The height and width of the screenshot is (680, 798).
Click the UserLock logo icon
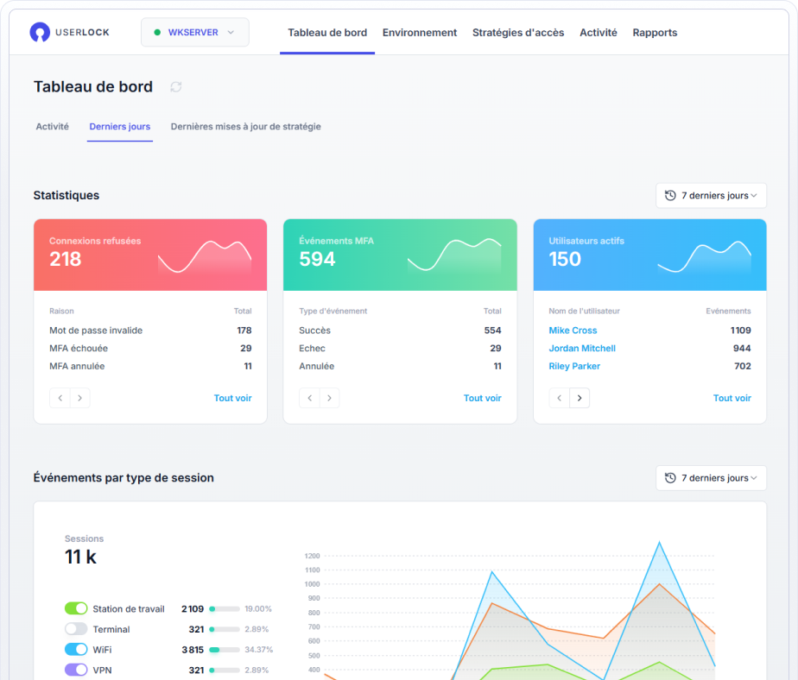tap(40, 33)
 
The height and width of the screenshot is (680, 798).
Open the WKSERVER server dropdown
tap(195, 33)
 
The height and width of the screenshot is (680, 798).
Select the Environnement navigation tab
tap(420, 33)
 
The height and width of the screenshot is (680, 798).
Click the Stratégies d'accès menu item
tap(518, 33)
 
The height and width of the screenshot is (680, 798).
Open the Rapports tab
tap(655, 33)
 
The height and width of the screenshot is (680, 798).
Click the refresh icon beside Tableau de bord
tap(176, 87)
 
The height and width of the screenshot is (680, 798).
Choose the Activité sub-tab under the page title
tap(53, 127)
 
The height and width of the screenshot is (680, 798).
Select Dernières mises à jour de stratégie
tap(246, 127)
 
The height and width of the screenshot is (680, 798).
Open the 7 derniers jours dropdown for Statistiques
tap(711, 196)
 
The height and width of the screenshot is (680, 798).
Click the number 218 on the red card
tap(66, 259)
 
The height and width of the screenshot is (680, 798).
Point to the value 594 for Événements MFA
tap(317, 259)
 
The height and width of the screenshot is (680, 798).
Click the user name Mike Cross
tap(573, 331)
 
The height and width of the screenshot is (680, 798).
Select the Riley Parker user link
tap(574, 367)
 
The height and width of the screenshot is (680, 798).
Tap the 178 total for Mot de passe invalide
tap(244, 331)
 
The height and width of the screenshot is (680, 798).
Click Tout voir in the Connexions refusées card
tap(233, 399)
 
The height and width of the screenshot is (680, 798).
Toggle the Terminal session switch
tap(76, 630)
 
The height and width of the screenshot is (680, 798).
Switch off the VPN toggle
tap(76, 670)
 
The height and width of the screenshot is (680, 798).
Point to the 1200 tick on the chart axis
tap(312, 557)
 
